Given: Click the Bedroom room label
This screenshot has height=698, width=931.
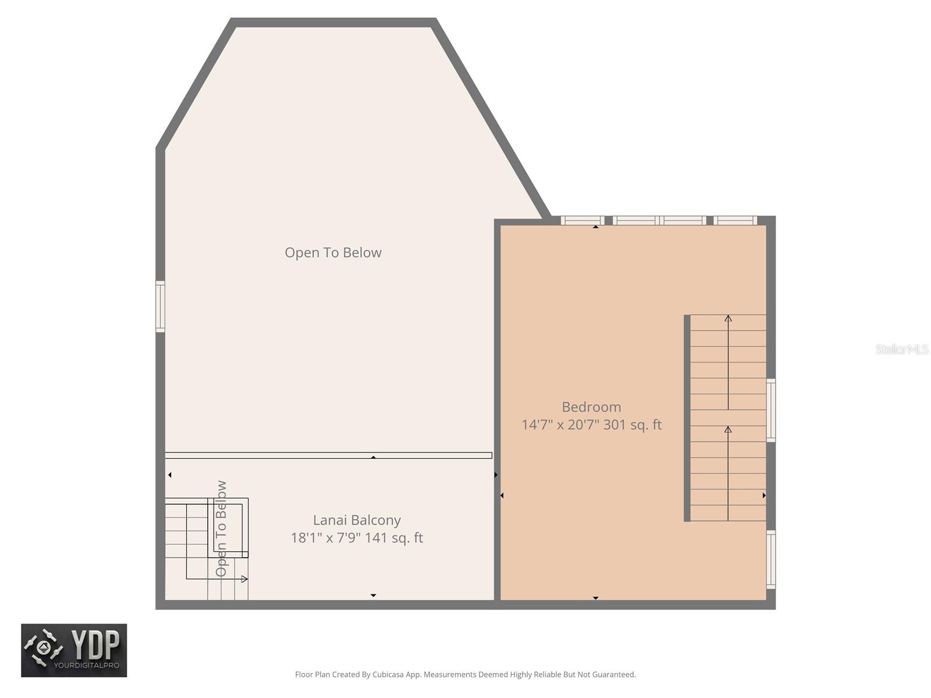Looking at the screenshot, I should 591,407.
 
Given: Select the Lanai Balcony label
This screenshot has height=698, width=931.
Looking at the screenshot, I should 357,520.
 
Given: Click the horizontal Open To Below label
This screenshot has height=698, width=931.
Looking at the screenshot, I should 333,252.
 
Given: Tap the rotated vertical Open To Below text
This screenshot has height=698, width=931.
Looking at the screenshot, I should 221,528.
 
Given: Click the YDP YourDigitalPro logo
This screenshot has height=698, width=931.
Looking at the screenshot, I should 74,650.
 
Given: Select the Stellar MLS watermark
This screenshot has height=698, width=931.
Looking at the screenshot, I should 901,349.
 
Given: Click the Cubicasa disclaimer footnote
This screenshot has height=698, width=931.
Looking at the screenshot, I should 465,675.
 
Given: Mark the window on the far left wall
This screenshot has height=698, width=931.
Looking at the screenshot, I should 160,307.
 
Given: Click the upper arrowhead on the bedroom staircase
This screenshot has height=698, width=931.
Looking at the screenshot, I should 728,318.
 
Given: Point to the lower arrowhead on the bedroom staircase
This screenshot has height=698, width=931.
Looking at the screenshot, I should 728,429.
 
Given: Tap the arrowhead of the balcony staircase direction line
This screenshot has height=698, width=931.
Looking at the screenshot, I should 244,579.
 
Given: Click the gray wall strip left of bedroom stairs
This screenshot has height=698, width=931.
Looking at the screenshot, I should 687,418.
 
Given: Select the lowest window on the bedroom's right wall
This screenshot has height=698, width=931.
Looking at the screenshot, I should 771,559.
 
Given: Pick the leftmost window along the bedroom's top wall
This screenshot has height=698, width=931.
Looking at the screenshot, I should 582,220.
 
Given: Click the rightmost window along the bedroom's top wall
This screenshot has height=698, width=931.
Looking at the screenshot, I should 735,220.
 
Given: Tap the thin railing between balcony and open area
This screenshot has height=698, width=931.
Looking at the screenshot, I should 328,455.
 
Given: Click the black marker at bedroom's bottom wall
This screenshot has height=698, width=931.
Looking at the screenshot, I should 595,598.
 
